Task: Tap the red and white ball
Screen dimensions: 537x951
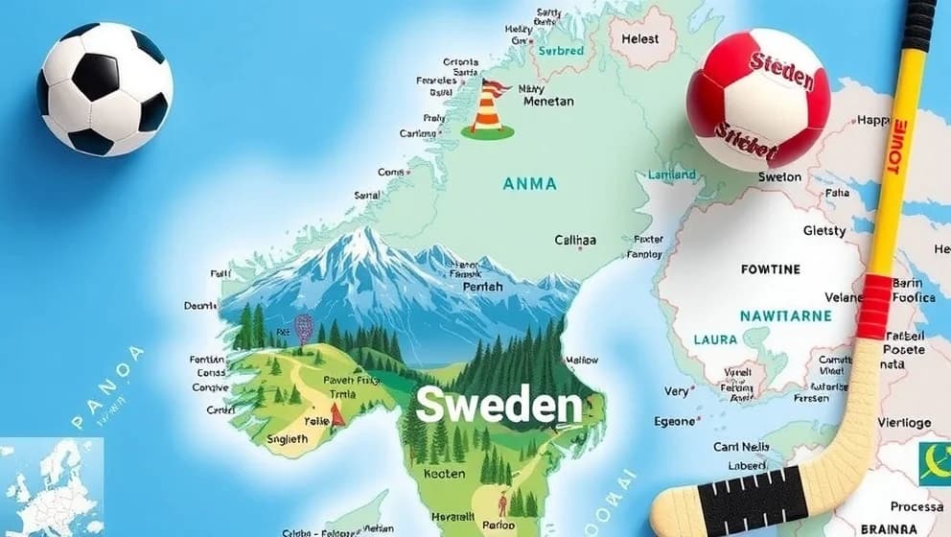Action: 758,99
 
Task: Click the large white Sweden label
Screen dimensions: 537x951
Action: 499,407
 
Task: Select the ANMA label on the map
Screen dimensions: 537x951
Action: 528,182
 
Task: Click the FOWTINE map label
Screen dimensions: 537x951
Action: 770,269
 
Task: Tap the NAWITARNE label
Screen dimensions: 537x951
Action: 785,315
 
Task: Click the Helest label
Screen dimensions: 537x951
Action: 640,38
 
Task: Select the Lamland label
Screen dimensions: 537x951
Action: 672,175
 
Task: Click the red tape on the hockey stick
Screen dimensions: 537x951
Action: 873,306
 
